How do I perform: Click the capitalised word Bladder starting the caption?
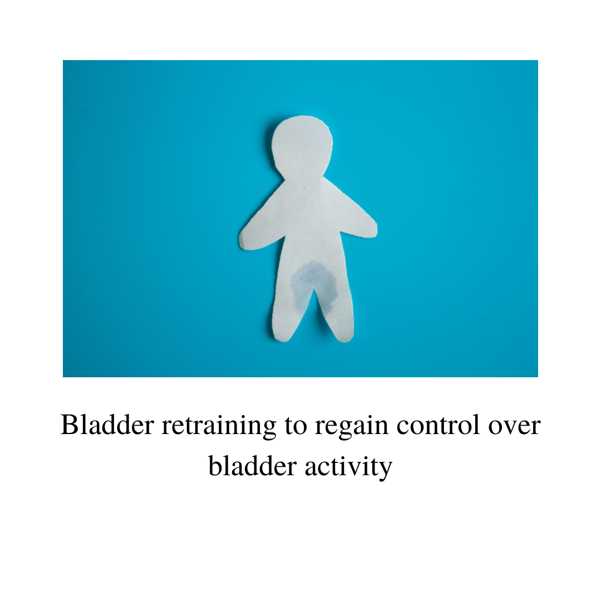107,425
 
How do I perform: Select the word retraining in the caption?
219,426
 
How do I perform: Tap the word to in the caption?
295,426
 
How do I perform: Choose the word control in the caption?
438,425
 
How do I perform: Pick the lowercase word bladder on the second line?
253,466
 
